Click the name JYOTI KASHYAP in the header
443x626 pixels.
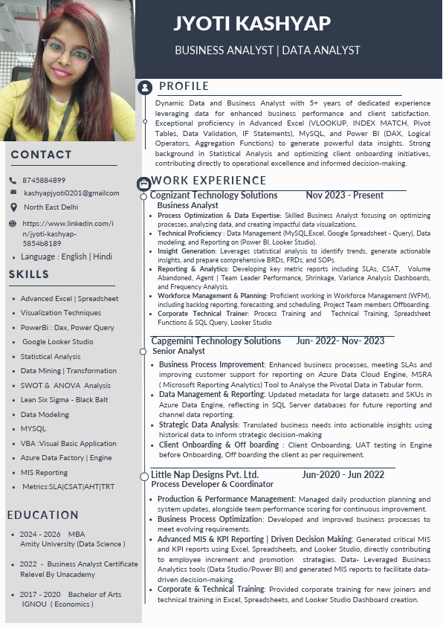[x=252, y=23]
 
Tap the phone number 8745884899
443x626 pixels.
[x=44, y=180]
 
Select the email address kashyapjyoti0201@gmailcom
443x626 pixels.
[x=71, y=193]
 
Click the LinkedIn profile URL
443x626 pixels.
[x=68, y=233]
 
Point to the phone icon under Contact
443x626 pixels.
[x=13, y=180]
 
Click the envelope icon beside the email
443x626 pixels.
[x=13, y=193]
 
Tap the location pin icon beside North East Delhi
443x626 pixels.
[x=13, y=207]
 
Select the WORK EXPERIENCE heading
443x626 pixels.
[x=208, y=181]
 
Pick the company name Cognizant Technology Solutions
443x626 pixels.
[x=214, y=196]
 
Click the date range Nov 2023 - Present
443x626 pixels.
[x=344, y=196]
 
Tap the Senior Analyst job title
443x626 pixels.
[x=178, y=351]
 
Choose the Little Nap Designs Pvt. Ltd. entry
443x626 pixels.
[x=204, y=474]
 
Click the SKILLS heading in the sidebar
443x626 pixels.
[x=29, y=275]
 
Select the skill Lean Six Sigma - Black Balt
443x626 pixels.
[x=64, y=400]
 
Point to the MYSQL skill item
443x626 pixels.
[x=33, y=429]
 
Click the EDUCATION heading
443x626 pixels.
[x=42, y=515]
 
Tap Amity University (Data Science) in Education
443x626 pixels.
[x=72, y=544]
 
